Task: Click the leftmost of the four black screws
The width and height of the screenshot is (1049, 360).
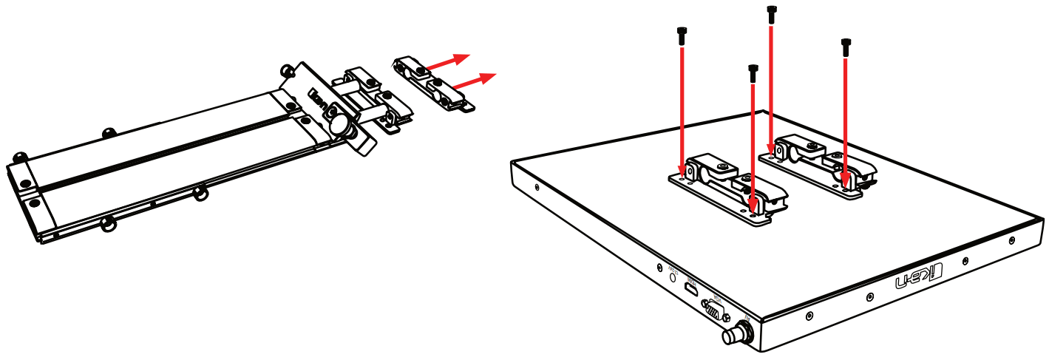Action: point(681,34)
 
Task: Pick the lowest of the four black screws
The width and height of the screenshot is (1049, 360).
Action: point(753,73)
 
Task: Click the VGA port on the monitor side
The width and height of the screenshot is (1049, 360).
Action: point(713,309)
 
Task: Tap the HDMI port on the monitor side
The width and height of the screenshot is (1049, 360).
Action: point(690,290)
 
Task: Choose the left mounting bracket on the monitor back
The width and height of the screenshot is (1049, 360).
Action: point(728,189)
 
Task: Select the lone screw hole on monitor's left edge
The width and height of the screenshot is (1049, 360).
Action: point(535,188)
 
